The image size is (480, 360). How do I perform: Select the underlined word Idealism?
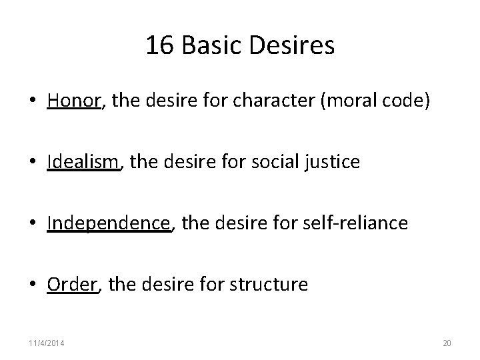[x=83, y=162]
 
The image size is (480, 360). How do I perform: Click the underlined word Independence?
[x=109, y=223]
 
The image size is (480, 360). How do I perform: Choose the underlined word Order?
[x=73, y=285]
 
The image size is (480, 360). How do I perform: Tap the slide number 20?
[x=447, y=343]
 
